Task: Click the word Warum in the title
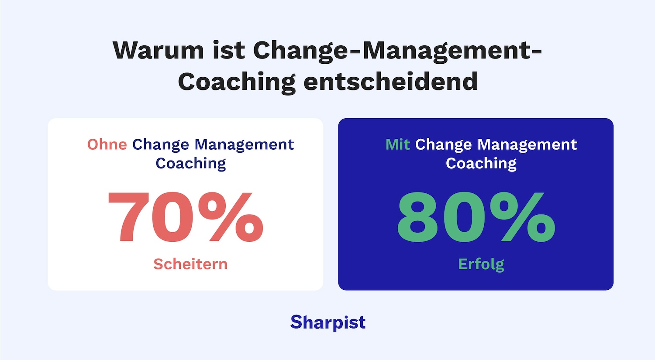click(x=158, y=50)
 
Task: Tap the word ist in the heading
click(x=228, y=50)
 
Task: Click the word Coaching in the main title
click(x=237, y=82)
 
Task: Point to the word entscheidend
click(x=390, y=82)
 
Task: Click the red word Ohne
click(x=107, y=144)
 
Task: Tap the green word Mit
click(x=397, y=144)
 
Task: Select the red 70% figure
click(x=185, y=217)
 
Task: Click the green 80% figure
click(x=476, y=217)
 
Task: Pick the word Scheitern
click(x=190, y=264)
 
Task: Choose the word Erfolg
click(x=481, y=264)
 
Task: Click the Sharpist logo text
click(x=328, y=322)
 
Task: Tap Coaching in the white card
click(x=191, y=164)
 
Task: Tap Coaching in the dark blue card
click(x=481, y=164)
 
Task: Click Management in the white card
click(x=244, y=144)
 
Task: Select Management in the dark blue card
click(x=527, y=144)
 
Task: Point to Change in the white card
click(x=161, y=144)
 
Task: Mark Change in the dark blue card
click(x=444, y=144)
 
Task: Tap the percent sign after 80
click(x=522, y=217)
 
